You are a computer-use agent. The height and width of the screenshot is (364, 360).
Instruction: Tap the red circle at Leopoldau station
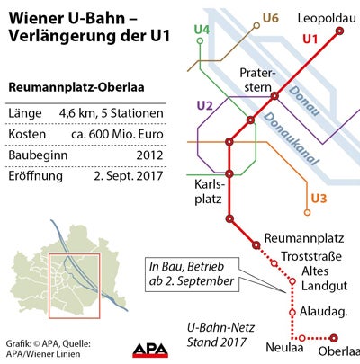(x=340, y=31)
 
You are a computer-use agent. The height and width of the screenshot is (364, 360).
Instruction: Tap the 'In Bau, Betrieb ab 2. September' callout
(x=190, y=274)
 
